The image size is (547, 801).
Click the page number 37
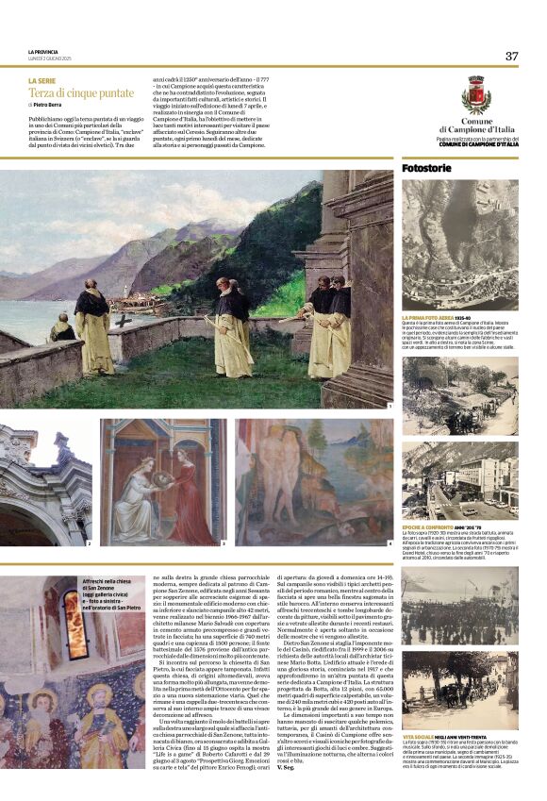(511, 56)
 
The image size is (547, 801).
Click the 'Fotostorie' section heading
(427, 167)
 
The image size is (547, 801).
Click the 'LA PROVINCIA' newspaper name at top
(44, 51)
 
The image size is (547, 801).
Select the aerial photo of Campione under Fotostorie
(459, 244)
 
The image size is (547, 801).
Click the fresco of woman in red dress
(162, 482)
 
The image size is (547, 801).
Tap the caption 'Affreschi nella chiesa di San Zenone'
(108, 584)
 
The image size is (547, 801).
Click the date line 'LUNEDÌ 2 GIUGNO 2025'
(53, 58)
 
